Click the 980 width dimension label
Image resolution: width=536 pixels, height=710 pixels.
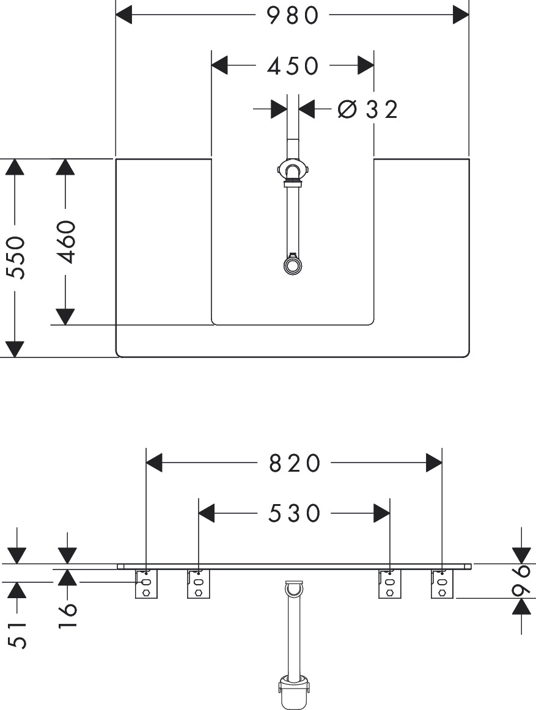292,15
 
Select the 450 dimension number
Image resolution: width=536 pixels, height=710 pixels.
293,66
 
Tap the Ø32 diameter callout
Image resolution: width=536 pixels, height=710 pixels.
368,109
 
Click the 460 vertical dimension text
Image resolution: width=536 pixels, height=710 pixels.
66,241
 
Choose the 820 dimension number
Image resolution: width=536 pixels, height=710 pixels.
295,463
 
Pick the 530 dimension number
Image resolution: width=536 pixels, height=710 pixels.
295,513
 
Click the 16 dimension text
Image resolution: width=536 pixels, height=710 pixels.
67,615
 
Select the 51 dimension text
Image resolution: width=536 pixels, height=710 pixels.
17,635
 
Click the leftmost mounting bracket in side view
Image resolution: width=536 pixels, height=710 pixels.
146,584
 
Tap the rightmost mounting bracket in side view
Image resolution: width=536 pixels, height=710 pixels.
442,584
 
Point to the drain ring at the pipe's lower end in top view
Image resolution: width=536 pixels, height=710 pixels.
292,265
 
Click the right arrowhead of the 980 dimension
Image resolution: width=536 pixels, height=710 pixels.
461,15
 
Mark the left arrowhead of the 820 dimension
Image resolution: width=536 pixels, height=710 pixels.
154,463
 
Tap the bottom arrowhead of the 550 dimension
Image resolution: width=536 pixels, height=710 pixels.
15,350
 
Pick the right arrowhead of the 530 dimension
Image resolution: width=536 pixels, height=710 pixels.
381,513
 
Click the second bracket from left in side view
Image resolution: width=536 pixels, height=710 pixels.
199,584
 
